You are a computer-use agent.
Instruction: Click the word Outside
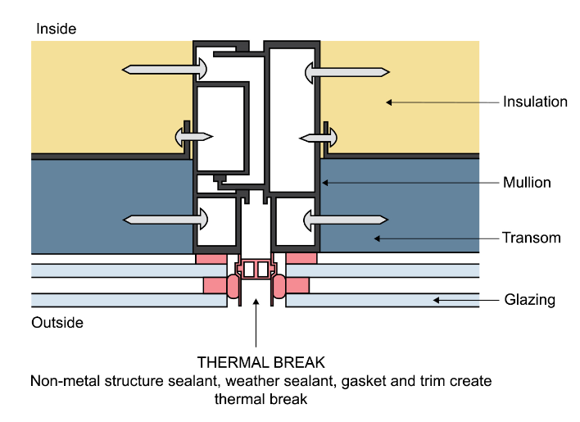(57, 322)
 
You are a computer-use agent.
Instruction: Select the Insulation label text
(535, 102)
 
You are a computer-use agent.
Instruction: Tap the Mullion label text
(527, 183)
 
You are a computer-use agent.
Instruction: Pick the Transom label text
(531, 238)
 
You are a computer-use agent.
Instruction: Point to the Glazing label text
(528, 300)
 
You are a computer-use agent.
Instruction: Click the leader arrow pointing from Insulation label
(442, 102)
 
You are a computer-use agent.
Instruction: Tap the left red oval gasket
(231, 285)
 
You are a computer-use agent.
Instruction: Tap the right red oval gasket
(279, 285)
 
